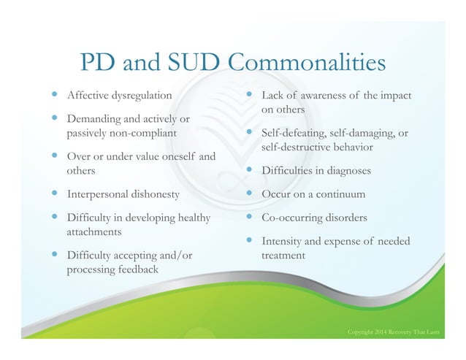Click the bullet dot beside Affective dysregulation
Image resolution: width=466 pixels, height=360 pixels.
[55, 95]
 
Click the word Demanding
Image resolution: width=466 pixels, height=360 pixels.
[91, 118]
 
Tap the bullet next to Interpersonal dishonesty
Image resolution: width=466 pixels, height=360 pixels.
[55, 194]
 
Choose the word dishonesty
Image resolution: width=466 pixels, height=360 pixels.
[152, 194]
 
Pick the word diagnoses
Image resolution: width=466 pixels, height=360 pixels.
[346, 171]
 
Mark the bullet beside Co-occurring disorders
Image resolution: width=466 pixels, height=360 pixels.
[248, 217]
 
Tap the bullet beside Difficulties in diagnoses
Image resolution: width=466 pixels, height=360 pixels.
[248, 170]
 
